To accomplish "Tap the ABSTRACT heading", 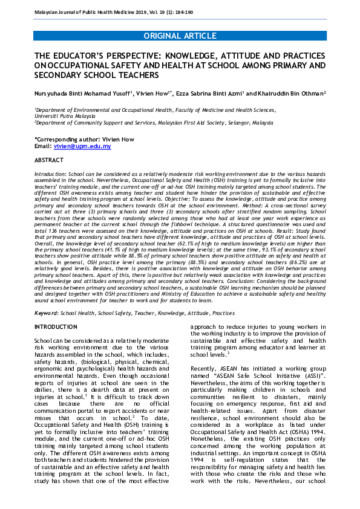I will [49, 160].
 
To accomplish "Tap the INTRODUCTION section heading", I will [56, 327].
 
